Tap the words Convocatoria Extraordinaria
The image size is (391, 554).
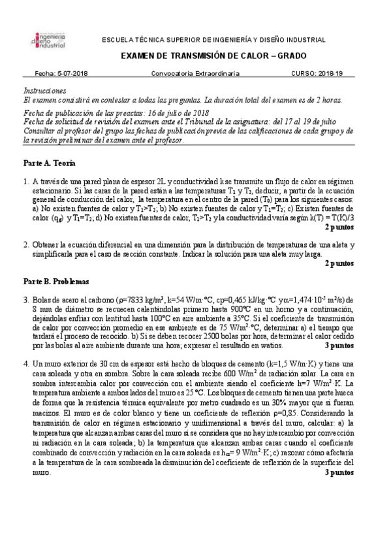[x=195, y=74]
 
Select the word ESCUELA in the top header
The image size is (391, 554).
[x=117, y=41]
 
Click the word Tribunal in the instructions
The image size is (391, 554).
[x=217, y=121]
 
